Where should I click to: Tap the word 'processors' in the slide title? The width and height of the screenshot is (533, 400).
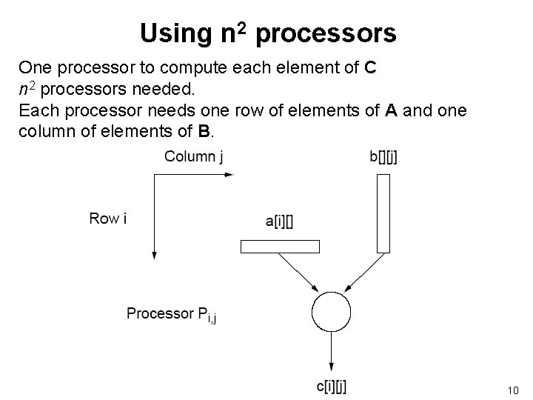point(328,34)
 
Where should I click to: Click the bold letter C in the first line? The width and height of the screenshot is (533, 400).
point(372,69)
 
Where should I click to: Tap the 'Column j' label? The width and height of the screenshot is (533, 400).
point(194,156)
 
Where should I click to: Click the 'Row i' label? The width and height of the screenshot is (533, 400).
point(107,219)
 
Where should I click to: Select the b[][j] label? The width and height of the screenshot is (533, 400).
point(383,157)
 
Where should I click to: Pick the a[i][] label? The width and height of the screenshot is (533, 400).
point(278,221)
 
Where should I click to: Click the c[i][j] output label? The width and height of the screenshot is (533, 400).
point(331,386)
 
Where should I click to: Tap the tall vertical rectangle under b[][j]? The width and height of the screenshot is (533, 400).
point(383,213)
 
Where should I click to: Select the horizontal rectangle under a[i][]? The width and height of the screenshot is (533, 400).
point(280,247)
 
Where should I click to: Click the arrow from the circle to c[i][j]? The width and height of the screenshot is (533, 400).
point(330,352)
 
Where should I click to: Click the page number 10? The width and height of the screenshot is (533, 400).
point(513,390)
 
